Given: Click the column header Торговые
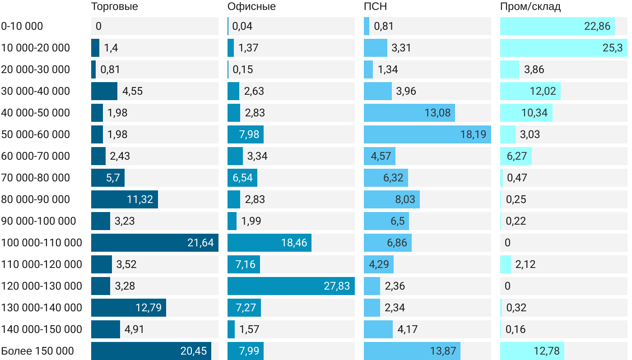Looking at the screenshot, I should (115, 7).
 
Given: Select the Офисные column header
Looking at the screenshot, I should (251, 7).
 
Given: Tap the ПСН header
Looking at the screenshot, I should (376, 7).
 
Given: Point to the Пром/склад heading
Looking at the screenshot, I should (530, 7).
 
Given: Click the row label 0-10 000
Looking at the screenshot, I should (22, 26).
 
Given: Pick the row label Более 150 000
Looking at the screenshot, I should (37, 351).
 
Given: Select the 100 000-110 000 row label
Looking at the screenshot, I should (42, 243).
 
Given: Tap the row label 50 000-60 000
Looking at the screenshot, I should (36, 134).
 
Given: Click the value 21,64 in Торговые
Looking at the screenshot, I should (200, 243).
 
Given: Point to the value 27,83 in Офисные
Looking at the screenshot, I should (337, 286).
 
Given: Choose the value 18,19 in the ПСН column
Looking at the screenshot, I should (473, 134).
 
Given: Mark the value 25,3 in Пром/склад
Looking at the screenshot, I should (613, 48).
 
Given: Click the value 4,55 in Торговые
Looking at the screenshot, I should (133, 91).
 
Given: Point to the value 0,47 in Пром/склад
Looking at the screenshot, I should (517, 178).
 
